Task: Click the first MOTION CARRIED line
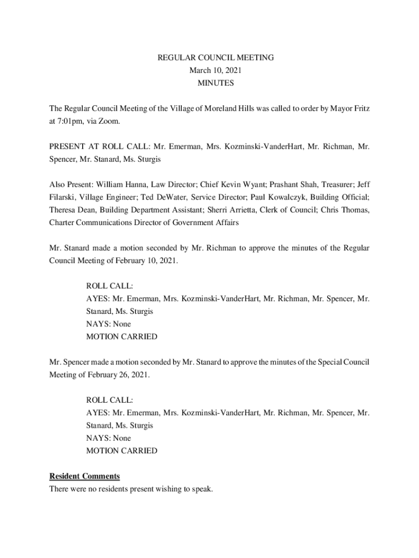tap(122, 337)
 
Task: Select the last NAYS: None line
tap(108, 438)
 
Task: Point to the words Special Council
tap(342, 362)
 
